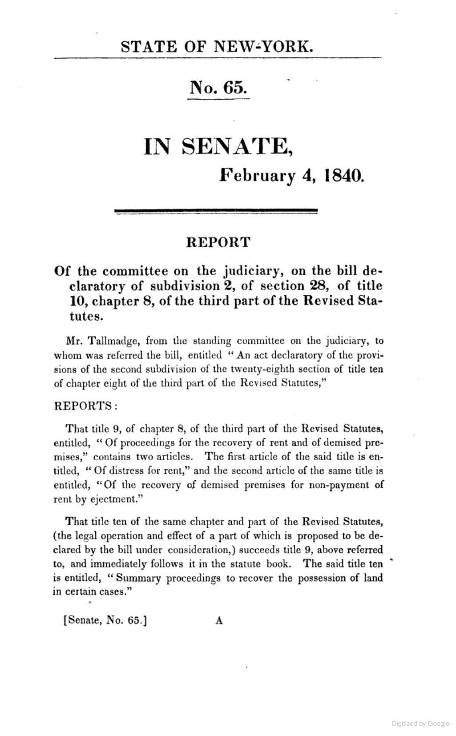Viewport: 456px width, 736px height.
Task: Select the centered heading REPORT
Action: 218,243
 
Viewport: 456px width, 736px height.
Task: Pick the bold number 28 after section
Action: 315,286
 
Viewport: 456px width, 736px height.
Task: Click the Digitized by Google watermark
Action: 420,724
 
